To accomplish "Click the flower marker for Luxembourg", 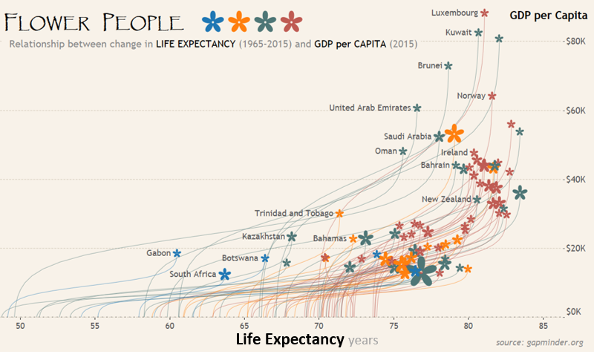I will [485, 13].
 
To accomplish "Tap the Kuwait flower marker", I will [479, 33].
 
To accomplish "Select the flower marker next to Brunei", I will [448, 65].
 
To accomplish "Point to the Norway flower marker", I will [492, 96].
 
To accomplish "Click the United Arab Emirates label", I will [369, 108].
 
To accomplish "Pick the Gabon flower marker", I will [177, 253].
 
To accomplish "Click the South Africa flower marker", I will [224, 274].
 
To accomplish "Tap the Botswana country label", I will [240, 258].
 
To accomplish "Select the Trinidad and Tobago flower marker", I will [339, 213].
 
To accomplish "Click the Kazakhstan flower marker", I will [292, 237].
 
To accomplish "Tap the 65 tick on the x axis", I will [244, 325].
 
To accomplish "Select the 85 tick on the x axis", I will [544, 325].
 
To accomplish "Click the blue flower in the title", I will [213, 22].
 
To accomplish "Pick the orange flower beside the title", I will [239, 22].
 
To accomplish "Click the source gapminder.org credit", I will [539, 342].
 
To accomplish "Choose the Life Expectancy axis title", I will [290, 340].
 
